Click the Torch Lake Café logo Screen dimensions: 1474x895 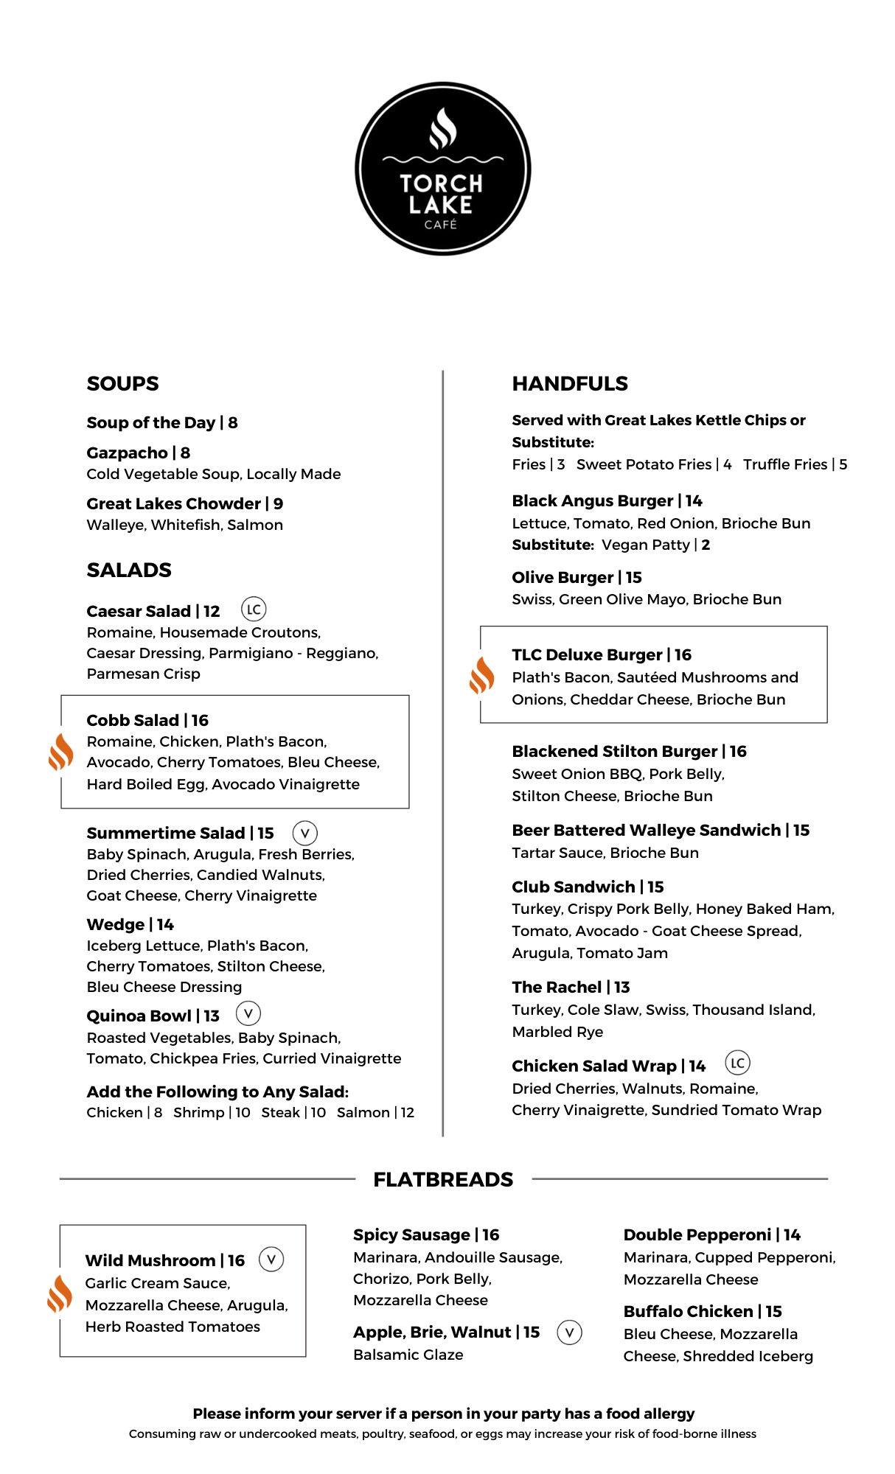tap(442, 169)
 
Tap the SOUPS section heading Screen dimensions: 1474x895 tap(122, 383)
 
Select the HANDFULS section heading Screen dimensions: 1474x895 tap(569, 383)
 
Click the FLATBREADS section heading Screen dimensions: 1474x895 tap(443, 1179)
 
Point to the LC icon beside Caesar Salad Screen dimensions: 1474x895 tap(254, 609)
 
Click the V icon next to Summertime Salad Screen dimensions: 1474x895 tap(304, 833)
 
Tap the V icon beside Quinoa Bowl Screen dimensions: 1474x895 tap(248, 1013)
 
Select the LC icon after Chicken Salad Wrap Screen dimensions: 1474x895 tap(737, 1063)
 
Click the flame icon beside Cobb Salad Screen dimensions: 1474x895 tap(60, 752)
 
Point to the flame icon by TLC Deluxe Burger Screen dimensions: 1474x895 tap(481, 675)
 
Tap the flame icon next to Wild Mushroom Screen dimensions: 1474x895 tap(60, 1294)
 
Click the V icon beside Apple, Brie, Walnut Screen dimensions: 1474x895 tap(569, 1332)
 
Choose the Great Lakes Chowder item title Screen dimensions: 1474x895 tap(174, 503)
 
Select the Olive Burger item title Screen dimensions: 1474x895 tap(563, 577)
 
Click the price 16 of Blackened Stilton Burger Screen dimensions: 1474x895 tap(738, 751)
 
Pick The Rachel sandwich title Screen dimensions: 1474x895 tap(557, 987)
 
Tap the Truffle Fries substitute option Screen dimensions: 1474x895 tap(785, 464)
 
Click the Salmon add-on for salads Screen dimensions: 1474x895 tap(363, 1112)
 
